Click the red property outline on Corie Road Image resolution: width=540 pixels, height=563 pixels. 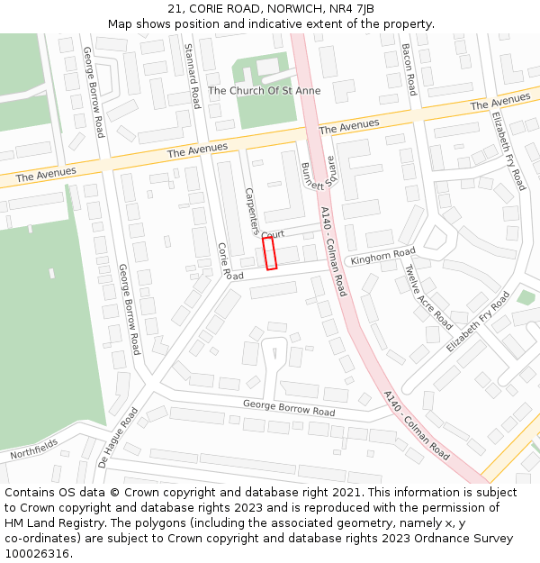click(270, 253)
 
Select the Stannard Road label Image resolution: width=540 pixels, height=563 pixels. click(192, 76)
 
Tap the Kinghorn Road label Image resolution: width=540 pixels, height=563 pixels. click(382, 257)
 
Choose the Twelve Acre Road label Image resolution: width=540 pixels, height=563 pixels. click(427, 295)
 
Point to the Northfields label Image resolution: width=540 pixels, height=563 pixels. click(34, 447)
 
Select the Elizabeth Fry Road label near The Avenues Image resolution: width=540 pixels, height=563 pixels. click(508, 150)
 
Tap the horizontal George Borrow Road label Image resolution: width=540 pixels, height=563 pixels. click(289, 407)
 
